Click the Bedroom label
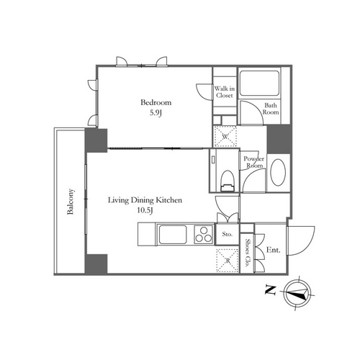coord(156,102)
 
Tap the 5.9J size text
coord(156,113)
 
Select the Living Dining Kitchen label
coord(145,200)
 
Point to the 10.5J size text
coord(145,210)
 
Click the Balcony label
coord(71,202)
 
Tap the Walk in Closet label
coord(225,92)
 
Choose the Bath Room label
coord(271,109)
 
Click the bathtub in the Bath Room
coord(259,83)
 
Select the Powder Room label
coord(254,162)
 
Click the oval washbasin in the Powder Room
coord(278,172)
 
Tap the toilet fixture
coord(227,181)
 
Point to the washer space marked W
coord(225,137)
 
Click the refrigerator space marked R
coord(228,261)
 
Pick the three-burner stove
coord(204,235)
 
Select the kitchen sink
coord(173,235)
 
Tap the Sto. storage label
coord(227,234)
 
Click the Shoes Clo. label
coord(248,253)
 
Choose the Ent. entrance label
coord(274,250)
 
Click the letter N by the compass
coord(270,290)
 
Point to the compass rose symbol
coord(298,294)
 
